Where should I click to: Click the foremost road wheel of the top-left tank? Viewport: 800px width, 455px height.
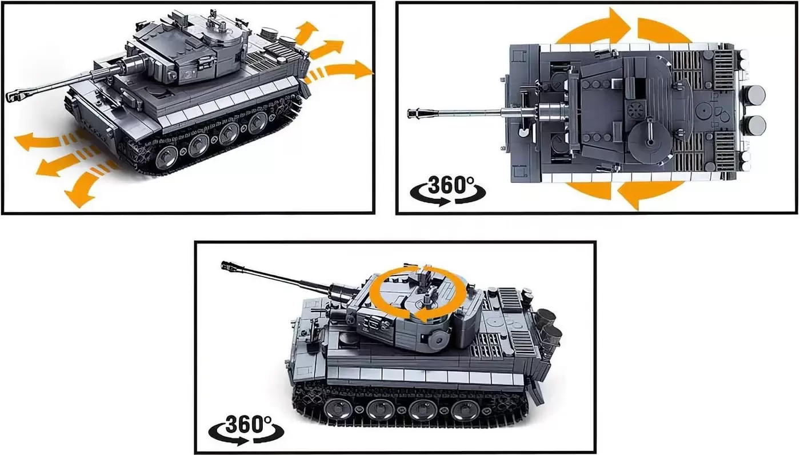(166, 157)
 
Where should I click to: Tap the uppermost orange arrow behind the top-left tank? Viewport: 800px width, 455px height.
(305, 33)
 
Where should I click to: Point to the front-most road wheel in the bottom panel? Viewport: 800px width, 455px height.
(338, 409)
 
